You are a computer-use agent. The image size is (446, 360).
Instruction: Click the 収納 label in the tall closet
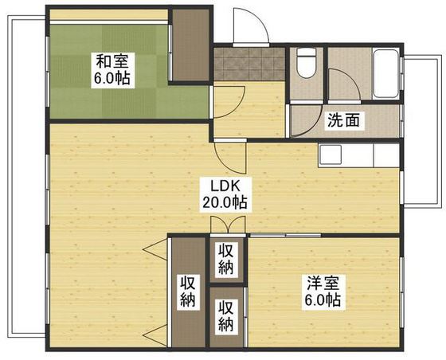[x=188, y=291]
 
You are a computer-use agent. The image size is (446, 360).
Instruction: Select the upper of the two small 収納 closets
[x=227, y=258]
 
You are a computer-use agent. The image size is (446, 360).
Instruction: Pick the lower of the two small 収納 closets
[x=227, y=315]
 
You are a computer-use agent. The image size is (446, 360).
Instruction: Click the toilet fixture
[x=305, y=61]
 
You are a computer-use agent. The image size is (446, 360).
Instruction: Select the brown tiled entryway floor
[x=248, y=64]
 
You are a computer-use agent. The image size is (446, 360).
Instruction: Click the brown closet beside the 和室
[x=190, y=45]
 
